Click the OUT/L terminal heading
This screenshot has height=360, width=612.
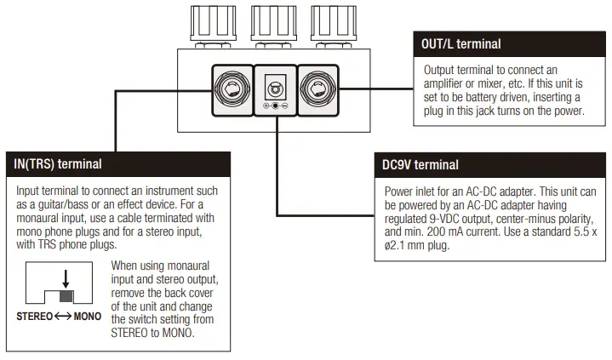click(x=461, y=43)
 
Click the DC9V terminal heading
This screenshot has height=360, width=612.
click(x=420, y=164)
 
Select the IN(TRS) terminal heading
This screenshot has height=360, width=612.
click(x=59, y=163)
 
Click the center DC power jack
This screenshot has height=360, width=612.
click(x=276, y=87)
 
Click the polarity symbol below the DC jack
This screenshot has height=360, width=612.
click(x=276, y=106)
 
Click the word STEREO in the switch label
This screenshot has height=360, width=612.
click(x=35, y=317)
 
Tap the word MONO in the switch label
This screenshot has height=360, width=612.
click(x=87, y=317)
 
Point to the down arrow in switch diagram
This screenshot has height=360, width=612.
click(x=66, y=279)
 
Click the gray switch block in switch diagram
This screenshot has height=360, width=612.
click(x=66, y=297)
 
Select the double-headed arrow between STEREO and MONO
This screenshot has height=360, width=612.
click(x=61, y=317)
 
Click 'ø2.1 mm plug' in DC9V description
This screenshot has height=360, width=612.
click(x=419, y=245)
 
